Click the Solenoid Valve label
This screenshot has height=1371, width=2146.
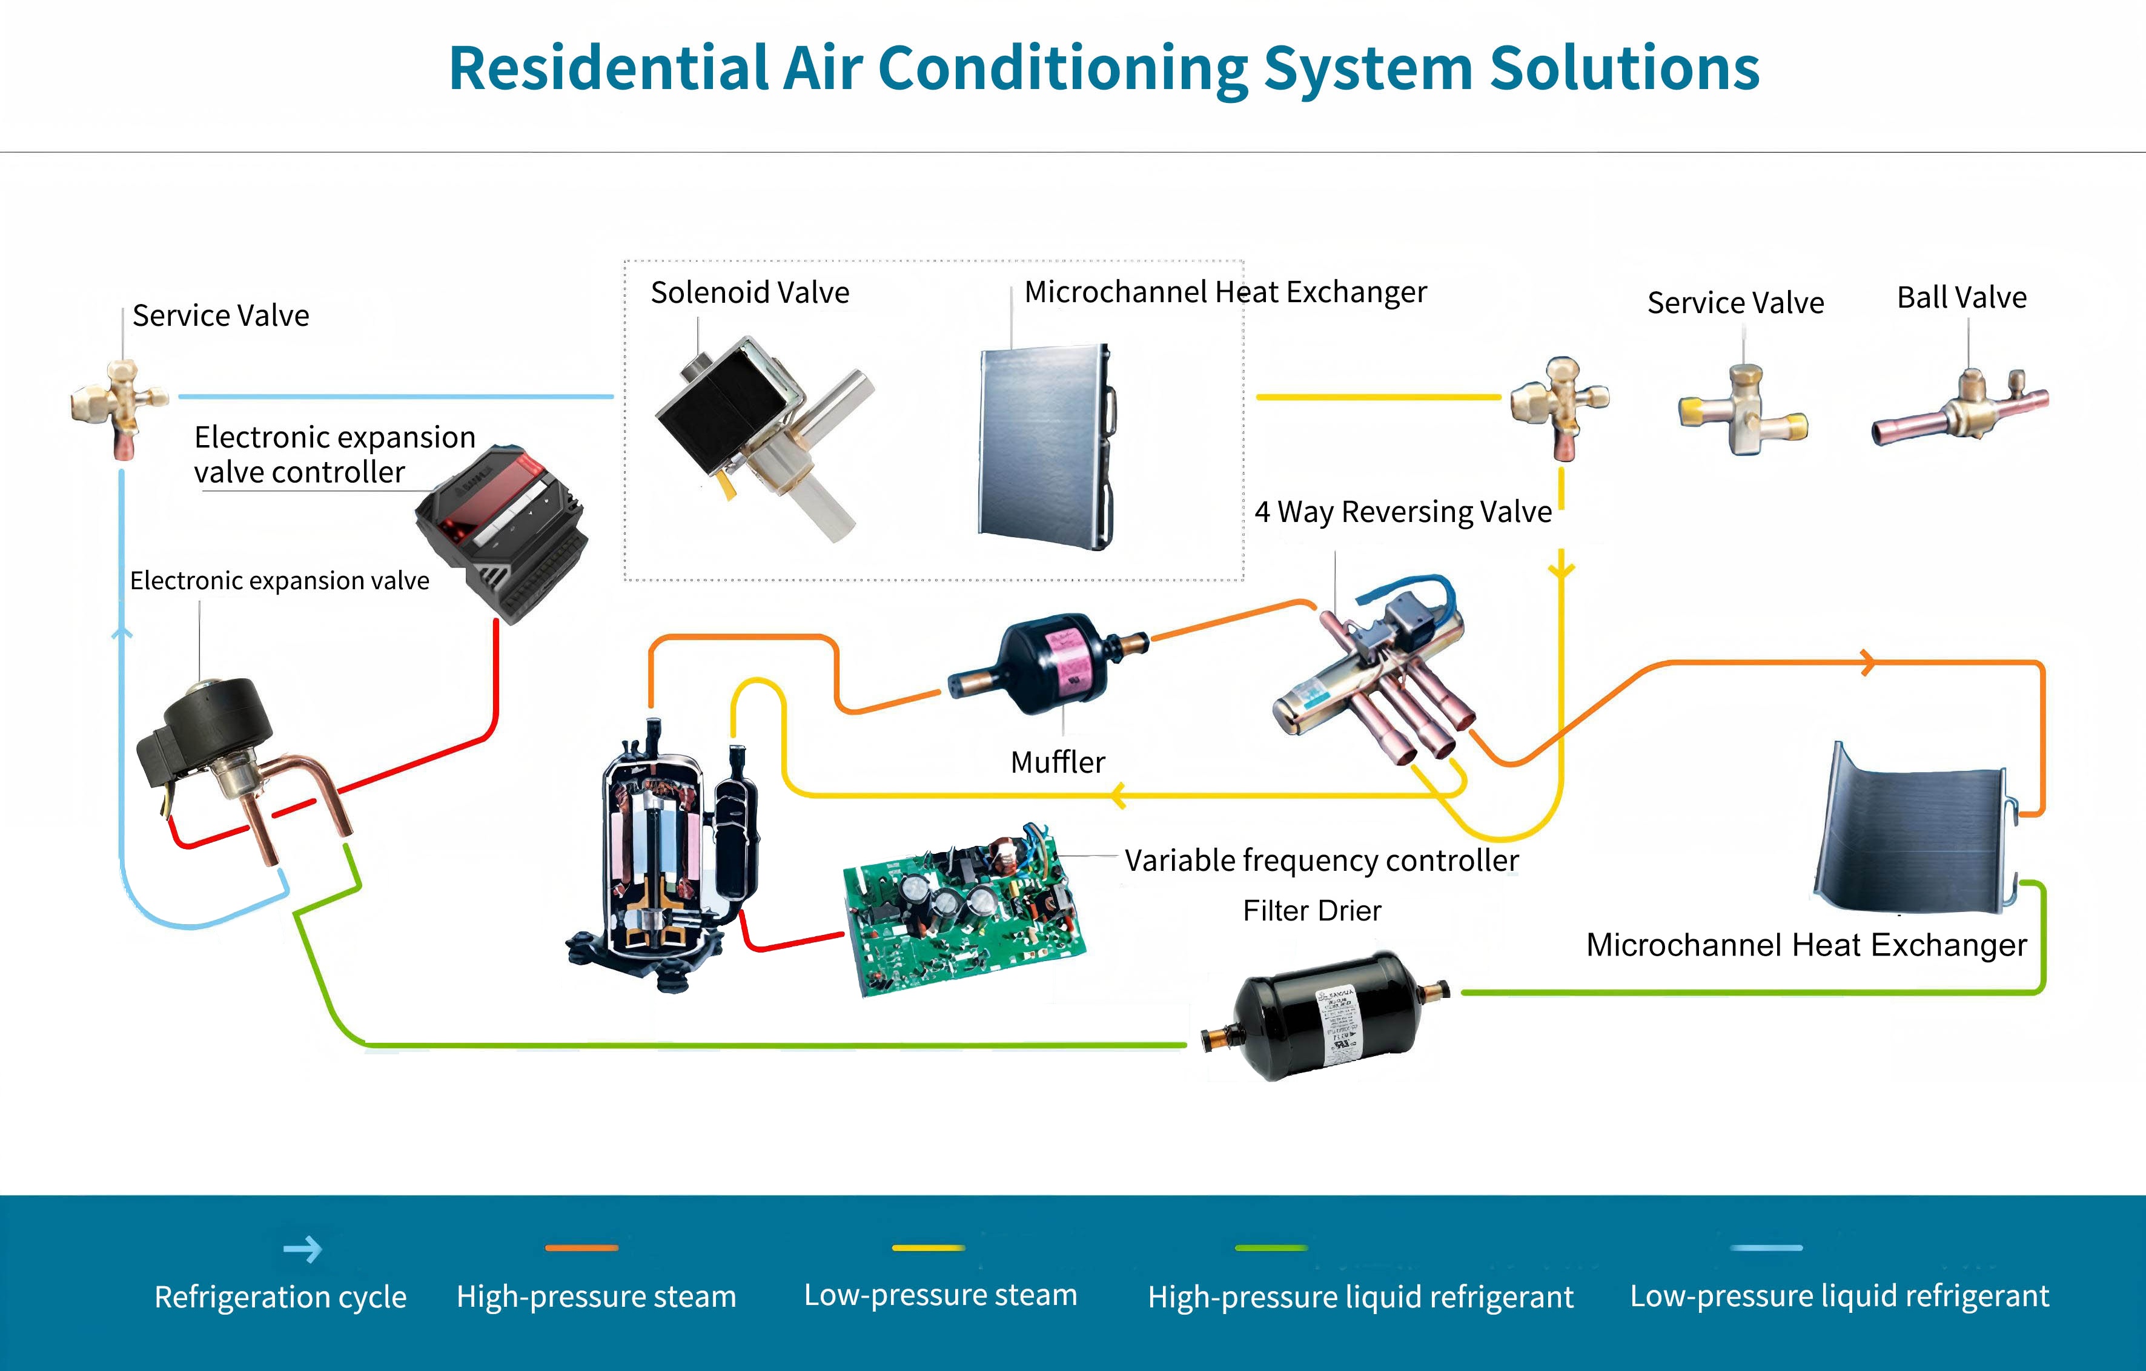(x=749, y=292)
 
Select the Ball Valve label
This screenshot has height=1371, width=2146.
(x=1961, y=297)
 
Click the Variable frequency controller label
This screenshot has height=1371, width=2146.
(x=1321, y=861)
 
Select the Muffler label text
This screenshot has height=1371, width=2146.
(x=1058, y=762)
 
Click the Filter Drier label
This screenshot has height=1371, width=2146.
(x=1312, y=910)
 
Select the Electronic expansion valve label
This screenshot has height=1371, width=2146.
(x=279, y=581)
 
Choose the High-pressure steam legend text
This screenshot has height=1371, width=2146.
(x=596, y=1296)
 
